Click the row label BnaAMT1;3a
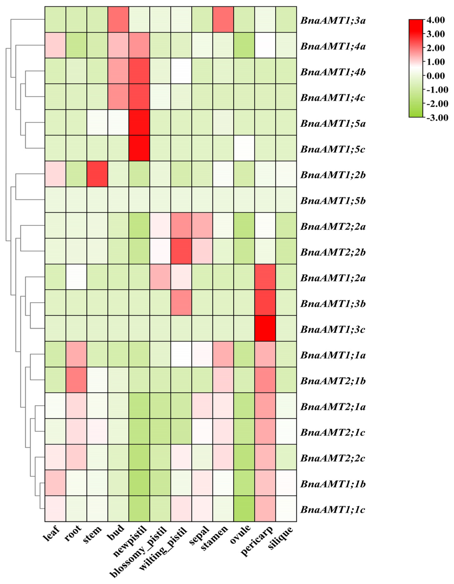click(333, 21)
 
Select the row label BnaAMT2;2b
click(333, 252)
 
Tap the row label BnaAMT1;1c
click(333, 510)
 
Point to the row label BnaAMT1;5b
click(333, 201)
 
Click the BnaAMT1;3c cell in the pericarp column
click(265, 328)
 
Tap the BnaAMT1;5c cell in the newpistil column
click(139, 148)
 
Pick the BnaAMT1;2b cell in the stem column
click(97, 174)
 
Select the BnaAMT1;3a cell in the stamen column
click(223, 19)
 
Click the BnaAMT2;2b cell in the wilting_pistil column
click(181, 251)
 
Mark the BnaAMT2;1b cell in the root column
click(76, 380)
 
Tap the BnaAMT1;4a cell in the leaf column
click(55, 45)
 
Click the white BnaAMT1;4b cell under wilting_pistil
click(181, 71)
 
